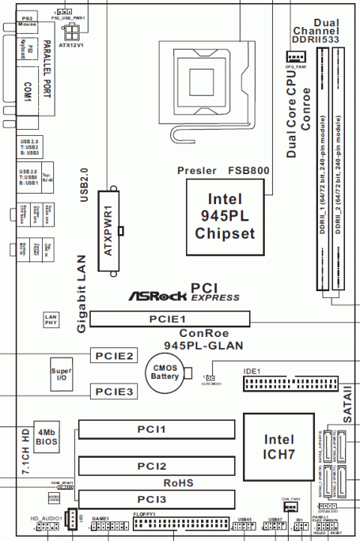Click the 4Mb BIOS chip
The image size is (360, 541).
46,437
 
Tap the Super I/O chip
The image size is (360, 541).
61,375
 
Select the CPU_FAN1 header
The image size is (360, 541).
295,57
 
